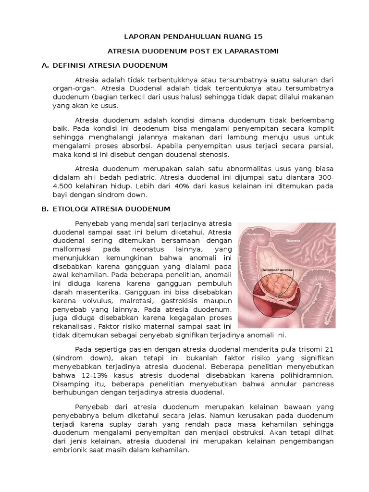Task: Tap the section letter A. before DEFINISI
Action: coord(46,65)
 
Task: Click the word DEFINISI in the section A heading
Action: coord(73,65)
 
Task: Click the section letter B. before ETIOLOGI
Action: coord(46,209)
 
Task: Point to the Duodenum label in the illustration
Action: coord(256,234)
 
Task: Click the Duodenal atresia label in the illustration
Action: coord(277,270)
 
